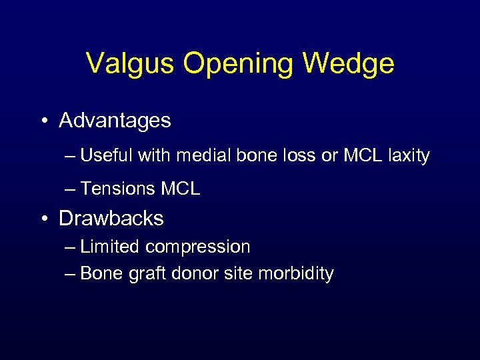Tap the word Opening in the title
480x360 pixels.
(239, 64)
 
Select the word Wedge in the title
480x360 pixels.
(348, 64)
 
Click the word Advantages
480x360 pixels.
(115, 121)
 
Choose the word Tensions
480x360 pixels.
(116, 189)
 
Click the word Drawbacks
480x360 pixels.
(111, 218)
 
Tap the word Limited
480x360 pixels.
(110, 247)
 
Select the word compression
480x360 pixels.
(198, 247)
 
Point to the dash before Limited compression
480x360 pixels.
(71, 247)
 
